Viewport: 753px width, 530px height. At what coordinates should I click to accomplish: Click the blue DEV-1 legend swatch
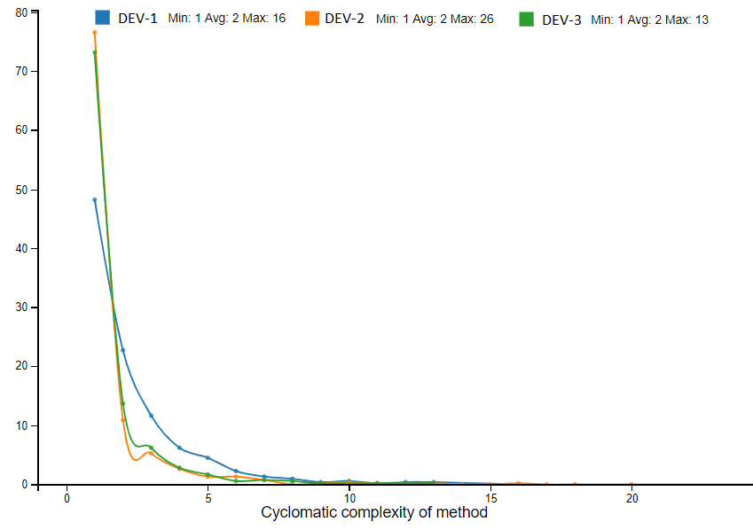pos(103,18)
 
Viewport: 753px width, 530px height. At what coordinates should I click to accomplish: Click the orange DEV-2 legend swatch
pos(311,18)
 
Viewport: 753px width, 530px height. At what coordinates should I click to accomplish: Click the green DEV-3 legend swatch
pos(527,19)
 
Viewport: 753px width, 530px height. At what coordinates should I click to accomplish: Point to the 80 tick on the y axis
pos(21,12)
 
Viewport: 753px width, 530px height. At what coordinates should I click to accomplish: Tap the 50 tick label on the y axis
pos(21,190)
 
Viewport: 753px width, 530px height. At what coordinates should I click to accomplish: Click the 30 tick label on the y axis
pos(21,308)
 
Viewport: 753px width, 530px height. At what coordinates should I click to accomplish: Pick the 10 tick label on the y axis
pos(21,425)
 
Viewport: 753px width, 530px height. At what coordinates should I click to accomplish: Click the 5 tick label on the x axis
pos(208,498)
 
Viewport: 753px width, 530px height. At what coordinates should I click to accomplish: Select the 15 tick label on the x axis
pos(490,498)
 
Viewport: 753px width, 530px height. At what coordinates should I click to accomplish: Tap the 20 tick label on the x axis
pos(631,498)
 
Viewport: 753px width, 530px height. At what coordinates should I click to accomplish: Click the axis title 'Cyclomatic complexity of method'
pos(374,512)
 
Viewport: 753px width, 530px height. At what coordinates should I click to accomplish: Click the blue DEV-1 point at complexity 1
pos(95,200)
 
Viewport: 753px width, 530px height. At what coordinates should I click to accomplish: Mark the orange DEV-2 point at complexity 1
pos(95,33)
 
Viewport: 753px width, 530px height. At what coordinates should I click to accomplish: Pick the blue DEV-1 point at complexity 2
pos(123,350)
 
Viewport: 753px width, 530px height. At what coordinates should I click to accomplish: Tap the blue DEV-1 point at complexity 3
pos(152,416)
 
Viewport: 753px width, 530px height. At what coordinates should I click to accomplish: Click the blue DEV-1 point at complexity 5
pos(208,457)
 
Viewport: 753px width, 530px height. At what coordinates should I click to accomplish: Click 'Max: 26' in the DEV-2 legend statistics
pos(472,19)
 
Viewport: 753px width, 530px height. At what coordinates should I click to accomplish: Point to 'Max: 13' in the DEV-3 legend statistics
pos(686,19)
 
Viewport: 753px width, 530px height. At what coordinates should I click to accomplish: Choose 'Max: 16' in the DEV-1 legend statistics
pos(263,19)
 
